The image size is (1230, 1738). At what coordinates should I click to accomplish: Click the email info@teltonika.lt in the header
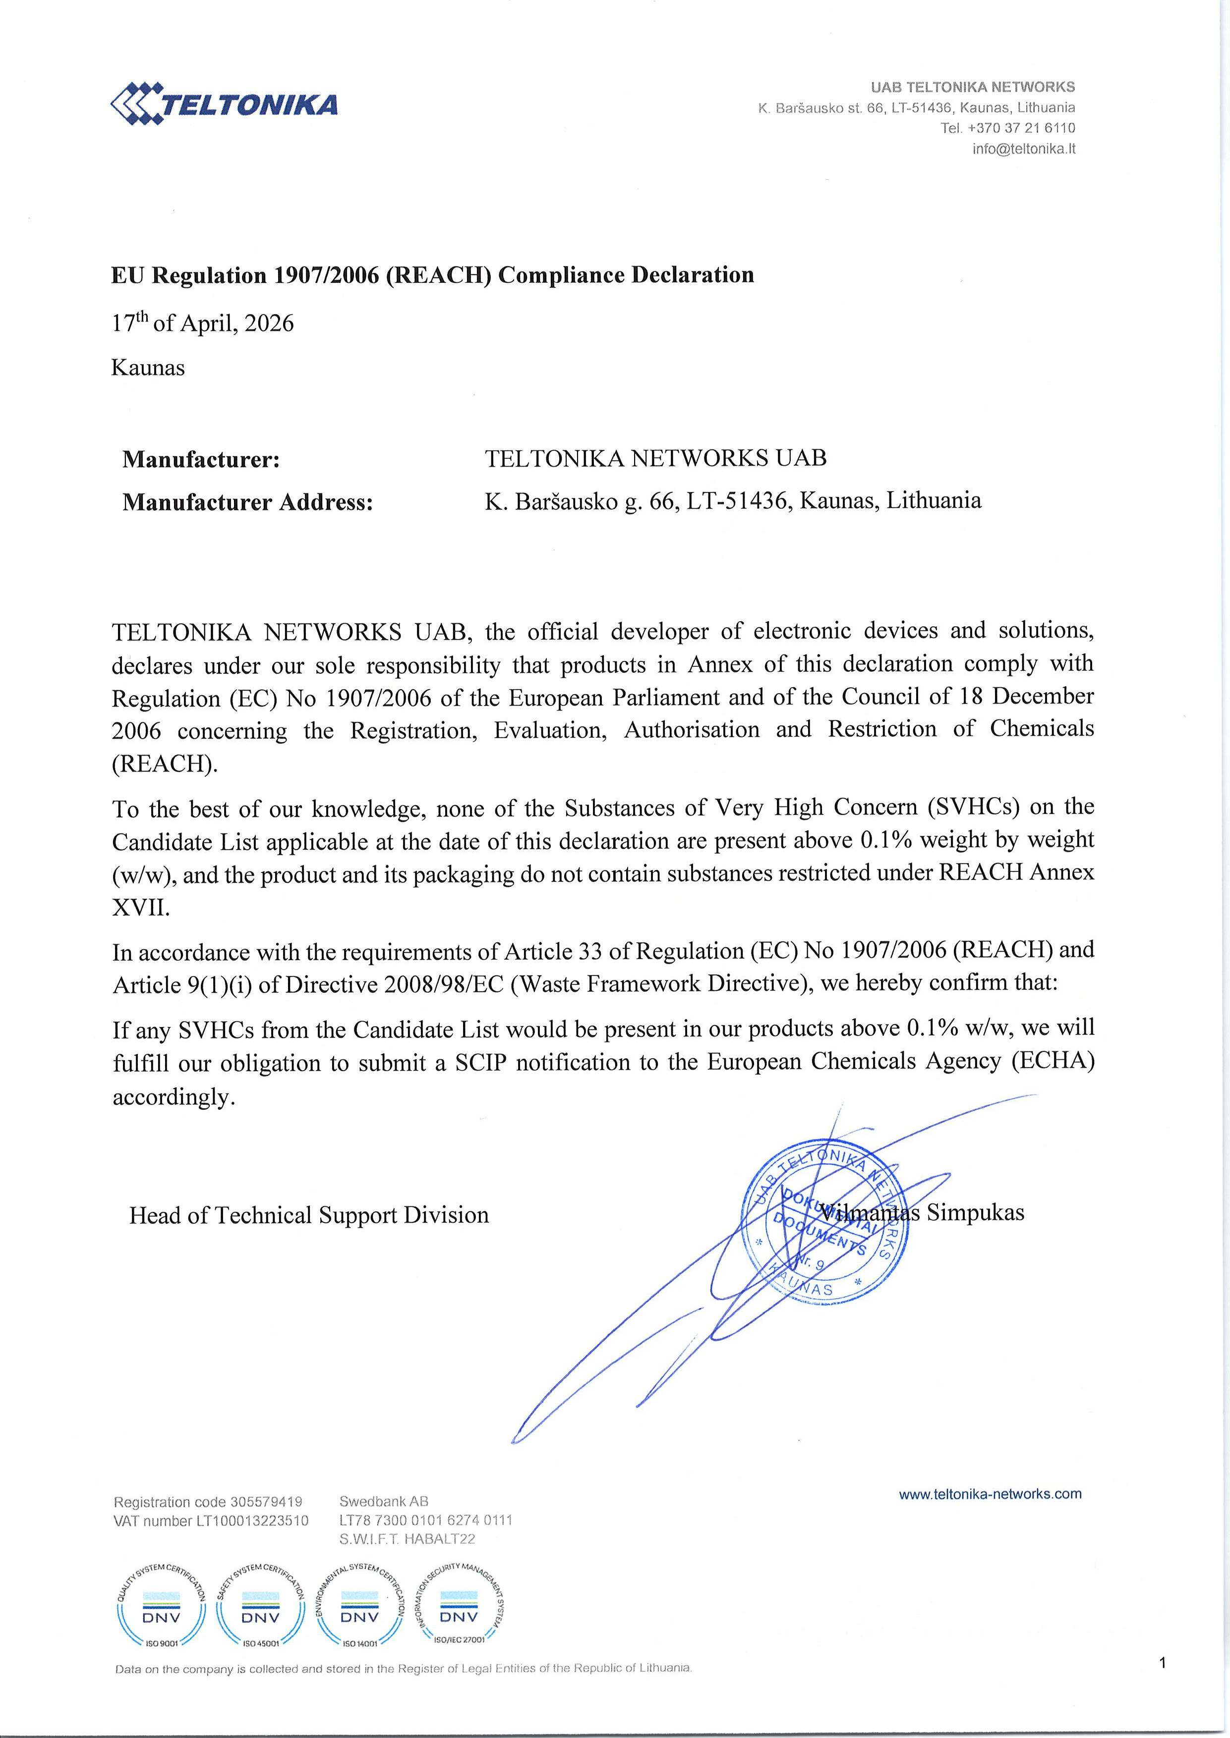pos(1023,148)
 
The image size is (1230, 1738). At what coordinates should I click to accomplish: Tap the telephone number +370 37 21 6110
pos(1021,128)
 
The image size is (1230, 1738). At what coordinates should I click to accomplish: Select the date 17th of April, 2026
pos(202,323)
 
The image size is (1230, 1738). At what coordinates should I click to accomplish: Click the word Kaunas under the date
pos(148,368)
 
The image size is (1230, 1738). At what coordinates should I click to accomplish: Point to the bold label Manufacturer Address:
pos(248,502)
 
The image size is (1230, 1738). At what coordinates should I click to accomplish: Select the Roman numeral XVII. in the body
pos(141,907)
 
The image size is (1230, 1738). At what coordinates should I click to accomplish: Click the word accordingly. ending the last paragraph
pos(174,1097)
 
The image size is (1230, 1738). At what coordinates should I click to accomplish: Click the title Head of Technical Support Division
pos(309,1215)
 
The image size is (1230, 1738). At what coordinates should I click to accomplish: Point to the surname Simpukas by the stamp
pos(976,1212)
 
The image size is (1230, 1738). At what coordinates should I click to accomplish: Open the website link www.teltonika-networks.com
pos(990,1493)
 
